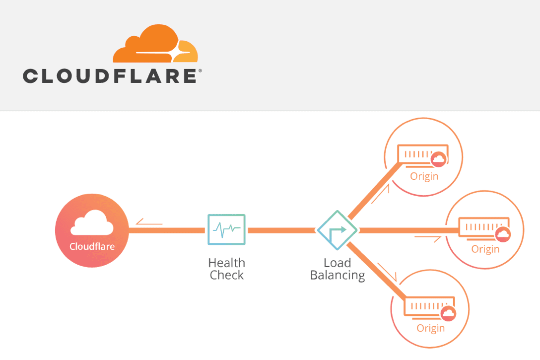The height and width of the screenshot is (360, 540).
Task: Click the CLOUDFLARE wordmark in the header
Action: click(112, 76)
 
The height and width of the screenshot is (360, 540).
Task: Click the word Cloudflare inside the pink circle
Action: click(92, 246)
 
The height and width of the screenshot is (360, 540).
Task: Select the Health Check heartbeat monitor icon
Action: click(226, 229)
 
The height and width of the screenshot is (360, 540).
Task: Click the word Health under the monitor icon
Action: click(226, 263)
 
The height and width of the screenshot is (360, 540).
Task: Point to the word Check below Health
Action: click(226, 276)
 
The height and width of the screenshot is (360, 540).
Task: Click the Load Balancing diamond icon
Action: click(337, 230)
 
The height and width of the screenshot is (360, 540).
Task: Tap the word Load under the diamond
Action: click(337, 263)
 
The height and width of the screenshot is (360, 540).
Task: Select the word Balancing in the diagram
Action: click(337, 276)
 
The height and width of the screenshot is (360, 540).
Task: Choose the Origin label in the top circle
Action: click(424, 176)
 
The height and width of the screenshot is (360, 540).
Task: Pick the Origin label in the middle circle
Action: click(485, 249)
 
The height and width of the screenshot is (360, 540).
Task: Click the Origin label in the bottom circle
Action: click(430, 328)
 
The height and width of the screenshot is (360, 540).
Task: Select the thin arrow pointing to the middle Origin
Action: click(428, 239)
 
